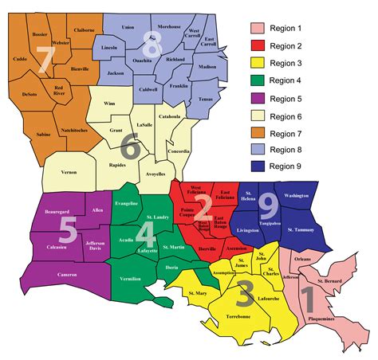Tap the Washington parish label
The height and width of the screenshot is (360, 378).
(x=296, y=195)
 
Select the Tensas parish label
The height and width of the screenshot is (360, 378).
(x=207, y=99)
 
